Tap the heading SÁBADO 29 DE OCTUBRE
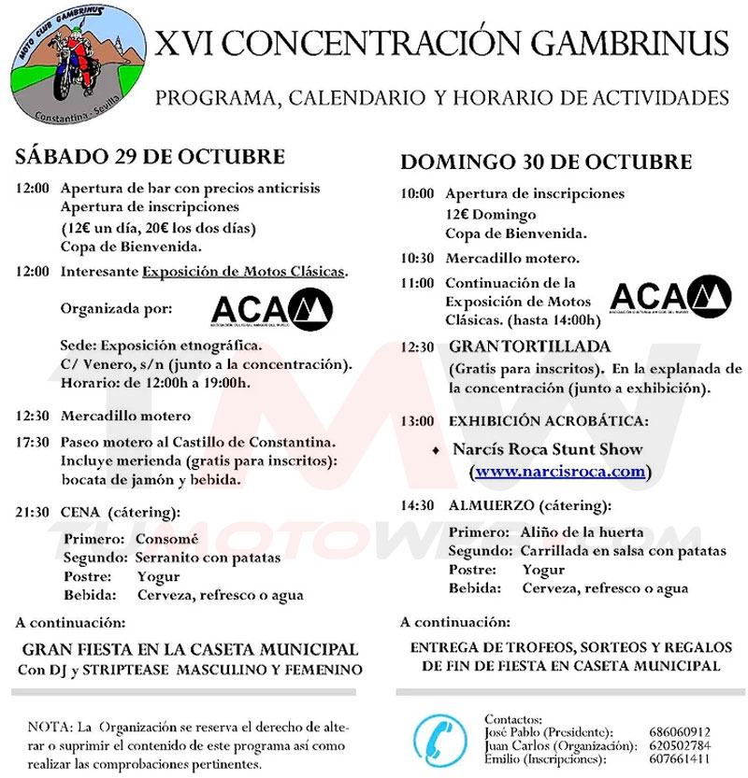(x=150, y=156)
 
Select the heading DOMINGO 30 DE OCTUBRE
(x=546, y=162)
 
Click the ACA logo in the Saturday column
(x=272, y=310)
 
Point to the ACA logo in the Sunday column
(x=670, y=297)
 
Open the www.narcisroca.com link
(x=560, y=472)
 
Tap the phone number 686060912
(x=679, y=732)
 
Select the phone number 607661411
(x=679, y=760)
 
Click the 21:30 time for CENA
(x=33, y=513)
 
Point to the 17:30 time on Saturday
(x=33, y=442)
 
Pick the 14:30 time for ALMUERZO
(x=417, y=505)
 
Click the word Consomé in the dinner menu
(x=167, y=540)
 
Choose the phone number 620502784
(x=679, y=746)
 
